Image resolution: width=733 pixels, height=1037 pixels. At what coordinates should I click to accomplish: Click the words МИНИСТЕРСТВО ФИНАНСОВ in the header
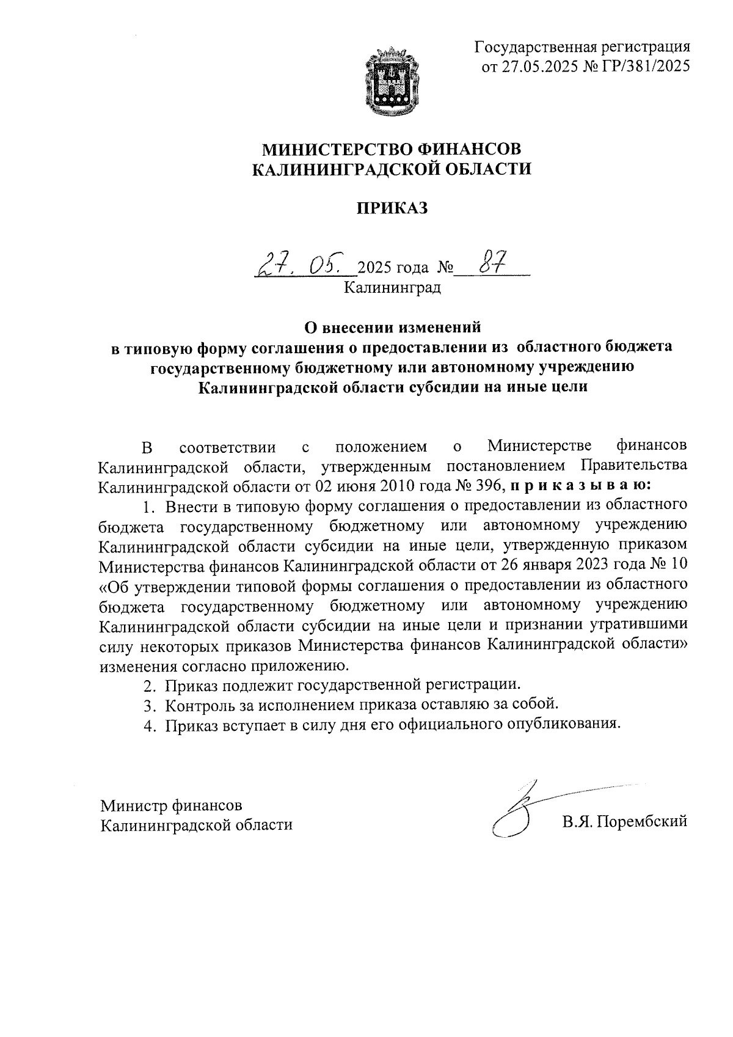[392, 148]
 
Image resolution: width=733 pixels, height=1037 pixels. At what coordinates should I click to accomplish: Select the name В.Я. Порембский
[625, 822]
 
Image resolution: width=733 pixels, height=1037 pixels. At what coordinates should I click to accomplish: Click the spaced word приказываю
[581, 486]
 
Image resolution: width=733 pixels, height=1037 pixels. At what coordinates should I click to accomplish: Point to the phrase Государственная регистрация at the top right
[583, 46]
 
